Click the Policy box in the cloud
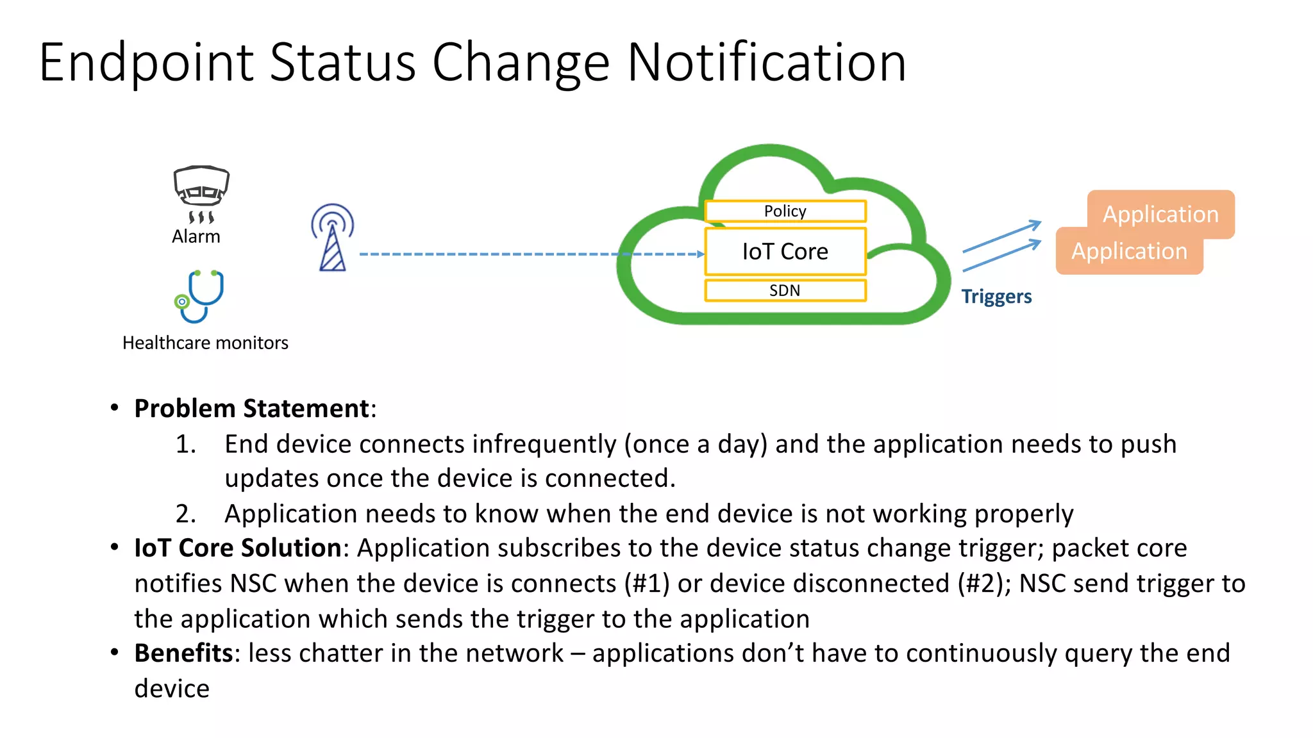pos(785,211)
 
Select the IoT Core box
pos(785,252)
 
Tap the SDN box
pos(785,290)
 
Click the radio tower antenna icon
pos(332,238)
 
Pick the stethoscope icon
pos(199,296)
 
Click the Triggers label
pos(996,297)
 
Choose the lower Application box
pos(1129,252)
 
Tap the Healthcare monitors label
pos(205,343)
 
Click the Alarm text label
pos(196,237)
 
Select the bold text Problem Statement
pos(251,409)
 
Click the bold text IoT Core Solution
pos(237,548)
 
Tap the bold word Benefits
pos(183,653)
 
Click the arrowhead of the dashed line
pos(701,254)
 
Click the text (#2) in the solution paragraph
pos(981,584)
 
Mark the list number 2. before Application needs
pos(185,514)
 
